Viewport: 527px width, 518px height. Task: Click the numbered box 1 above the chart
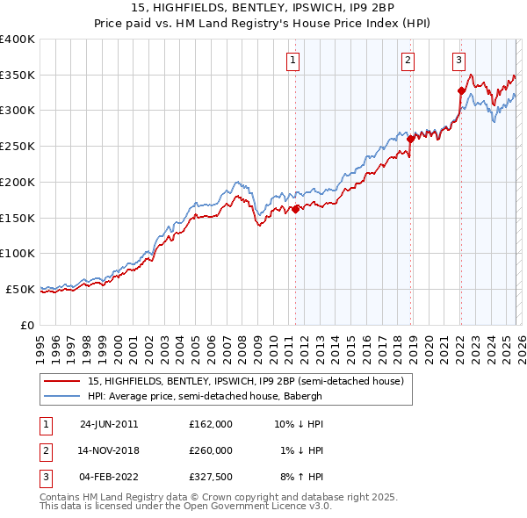coord(292,61)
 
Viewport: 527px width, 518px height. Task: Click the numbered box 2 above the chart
coord(408,61)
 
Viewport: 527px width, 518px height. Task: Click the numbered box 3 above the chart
coord(458,61)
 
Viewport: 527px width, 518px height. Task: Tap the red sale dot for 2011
coord(295,209)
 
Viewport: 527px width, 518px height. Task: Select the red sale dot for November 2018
coord(410,139)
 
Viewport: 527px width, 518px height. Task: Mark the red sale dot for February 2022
coord(460,90)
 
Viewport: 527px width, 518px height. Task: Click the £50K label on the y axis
coord(20,289)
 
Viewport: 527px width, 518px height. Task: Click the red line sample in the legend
coord(61,382)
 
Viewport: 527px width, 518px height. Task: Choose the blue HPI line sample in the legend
coord(61,396)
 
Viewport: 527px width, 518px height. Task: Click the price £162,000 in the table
coord(210,424)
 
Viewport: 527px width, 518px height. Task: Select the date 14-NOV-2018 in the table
coord(110,450)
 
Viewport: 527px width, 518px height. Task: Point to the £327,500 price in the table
coord(210,477)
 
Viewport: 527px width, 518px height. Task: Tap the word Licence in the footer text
coord(281,507)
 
